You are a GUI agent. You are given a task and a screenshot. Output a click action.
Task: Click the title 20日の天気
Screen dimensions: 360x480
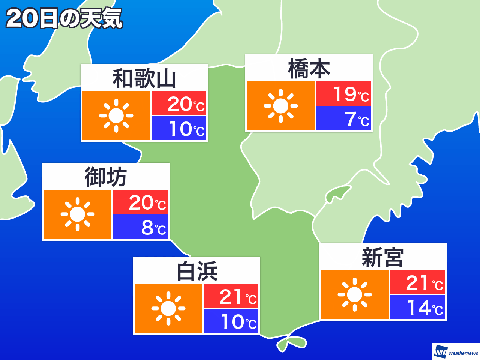(64, 18)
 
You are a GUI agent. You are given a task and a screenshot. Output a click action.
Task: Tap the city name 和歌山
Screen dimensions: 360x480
(144, 79)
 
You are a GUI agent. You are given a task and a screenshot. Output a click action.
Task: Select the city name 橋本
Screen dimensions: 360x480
(309, 69)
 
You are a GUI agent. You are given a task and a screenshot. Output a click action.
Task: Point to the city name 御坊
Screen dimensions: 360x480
(106, 177)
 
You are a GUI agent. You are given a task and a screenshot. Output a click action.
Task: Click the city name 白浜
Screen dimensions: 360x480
(197, 271)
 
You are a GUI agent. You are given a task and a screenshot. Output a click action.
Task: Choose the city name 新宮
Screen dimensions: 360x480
(382, 258)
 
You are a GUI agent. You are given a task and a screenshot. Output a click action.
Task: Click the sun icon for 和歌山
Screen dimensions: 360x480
(116, 116)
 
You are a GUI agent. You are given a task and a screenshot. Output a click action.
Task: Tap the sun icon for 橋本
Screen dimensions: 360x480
(281, 106)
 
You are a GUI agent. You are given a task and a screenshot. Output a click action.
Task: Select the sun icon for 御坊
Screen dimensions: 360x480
(78, 214)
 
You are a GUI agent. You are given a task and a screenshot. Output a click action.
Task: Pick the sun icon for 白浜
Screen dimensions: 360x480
(168, 309)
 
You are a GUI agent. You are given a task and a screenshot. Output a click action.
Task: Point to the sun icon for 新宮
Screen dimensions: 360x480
(355, 295)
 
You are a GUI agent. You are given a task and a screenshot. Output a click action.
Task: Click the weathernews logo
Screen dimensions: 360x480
(456, 352)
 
